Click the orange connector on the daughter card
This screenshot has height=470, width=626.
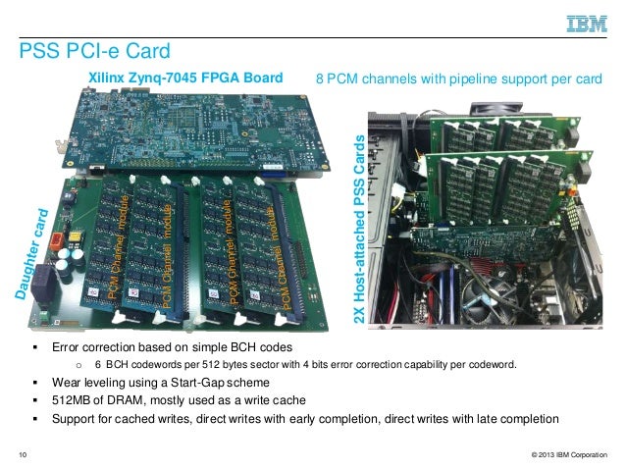(x=63, y=238)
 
